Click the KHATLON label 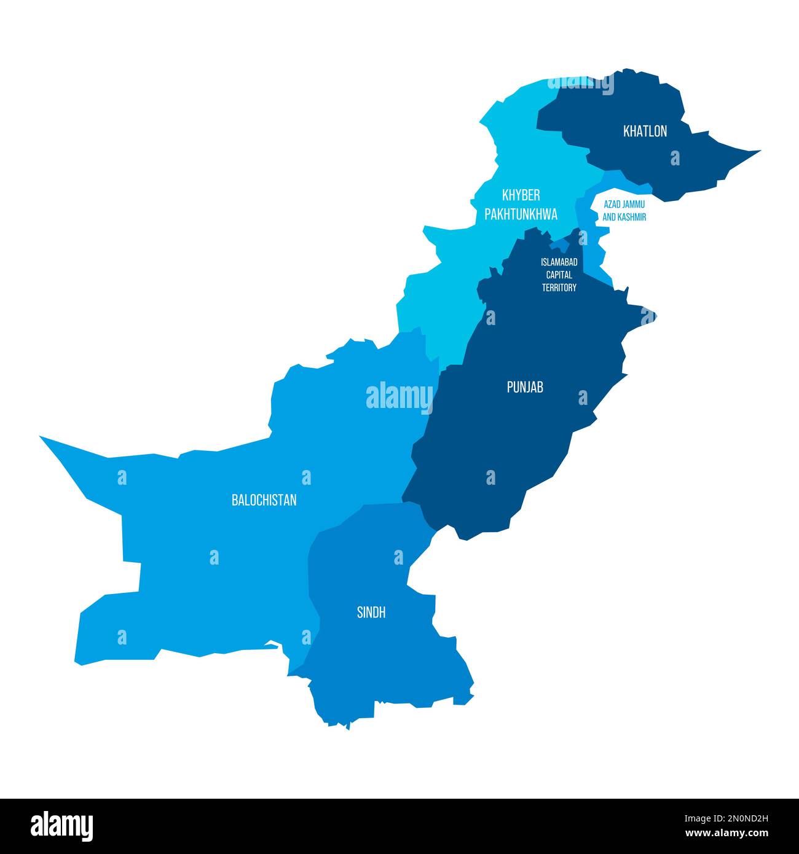tap(645, 131)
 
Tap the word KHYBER tap(521, 195)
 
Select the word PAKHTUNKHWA tap(521, 214)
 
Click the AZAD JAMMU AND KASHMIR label tap(624, 210)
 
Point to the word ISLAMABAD tap(559, 262)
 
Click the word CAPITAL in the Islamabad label tap(559, 275)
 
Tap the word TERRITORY tap(559, 288)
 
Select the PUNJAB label tap(524, 387)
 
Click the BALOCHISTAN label tap(264, 500)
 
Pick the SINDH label tap(371, 613)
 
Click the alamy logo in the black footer tap(61, 825)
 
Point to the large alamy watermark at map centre tap(399, 396)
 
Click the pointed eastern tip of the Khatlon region tap(758, 151)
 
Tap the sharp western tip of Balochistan tap(42, 438)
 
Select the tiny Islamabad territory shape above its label tap(561, 245)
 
